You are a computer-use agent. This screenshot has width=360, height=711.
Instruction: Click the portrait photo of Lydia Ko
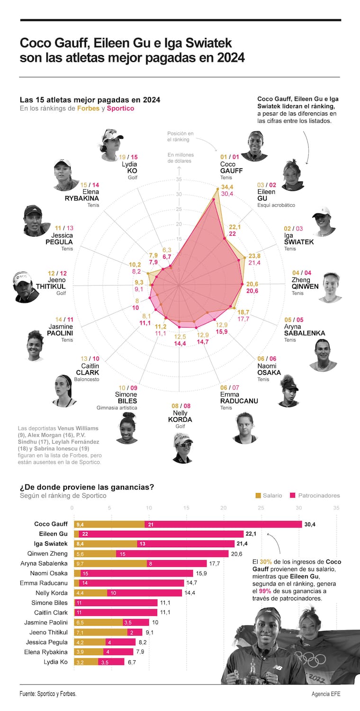[x=112, y=141]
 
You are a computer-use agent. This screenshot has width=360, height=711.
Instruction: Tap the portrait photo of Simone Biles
[x=127, y=428]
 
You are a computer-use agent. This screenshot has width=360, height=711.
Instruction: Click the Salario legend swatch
[x=258, y=495]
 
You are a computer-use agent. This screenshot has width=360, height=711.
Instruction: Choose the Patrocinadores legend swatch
[x=293, y=495]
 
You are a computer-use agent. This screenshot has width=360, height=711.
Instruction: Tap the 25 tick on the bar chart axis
[x=261, y=508]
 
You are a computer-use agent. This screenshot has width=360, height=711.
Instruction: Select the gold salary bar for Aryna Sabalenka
[x=110, y=564]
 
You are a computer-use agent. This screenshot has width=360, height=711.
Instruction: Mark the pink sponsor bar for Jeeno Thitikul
[x=135, y=632]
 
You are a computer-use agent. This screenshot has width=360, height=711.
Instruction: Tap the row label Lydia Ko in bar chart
[x=55, y=662]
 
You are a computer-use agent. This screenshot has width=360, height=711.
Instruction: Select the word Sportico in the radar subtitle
[x=120, y=108]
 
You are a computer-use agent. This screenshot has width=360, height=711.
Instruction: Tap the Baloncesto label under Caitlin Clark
[x=88, y=380]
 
